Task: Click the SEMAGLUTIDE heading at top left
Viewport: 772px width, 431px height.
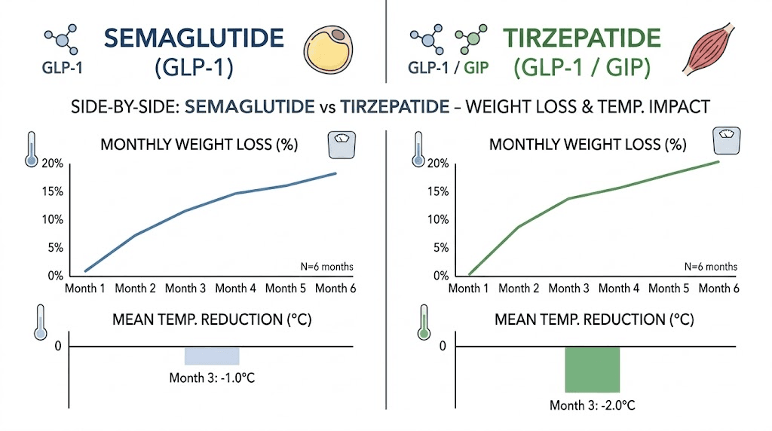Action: (194, 38)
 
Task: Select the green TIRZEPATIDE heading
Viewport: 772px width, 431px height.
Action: (583, 38)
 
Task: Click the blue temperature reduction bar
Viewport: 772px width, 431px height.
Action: (212, 356)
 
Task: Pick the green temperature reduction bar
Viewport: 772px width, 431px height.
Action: (592, 369)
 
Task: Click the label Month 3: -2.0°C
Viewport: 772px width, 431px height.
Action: (592, 405)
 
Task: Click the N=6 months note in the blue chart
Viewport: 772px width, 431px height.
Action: (326, 266)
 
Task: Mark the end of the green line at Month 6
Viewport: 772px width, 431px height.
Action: (718, 161)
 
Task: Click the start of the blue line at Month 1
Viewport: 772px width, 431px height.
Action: (86, 271)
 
